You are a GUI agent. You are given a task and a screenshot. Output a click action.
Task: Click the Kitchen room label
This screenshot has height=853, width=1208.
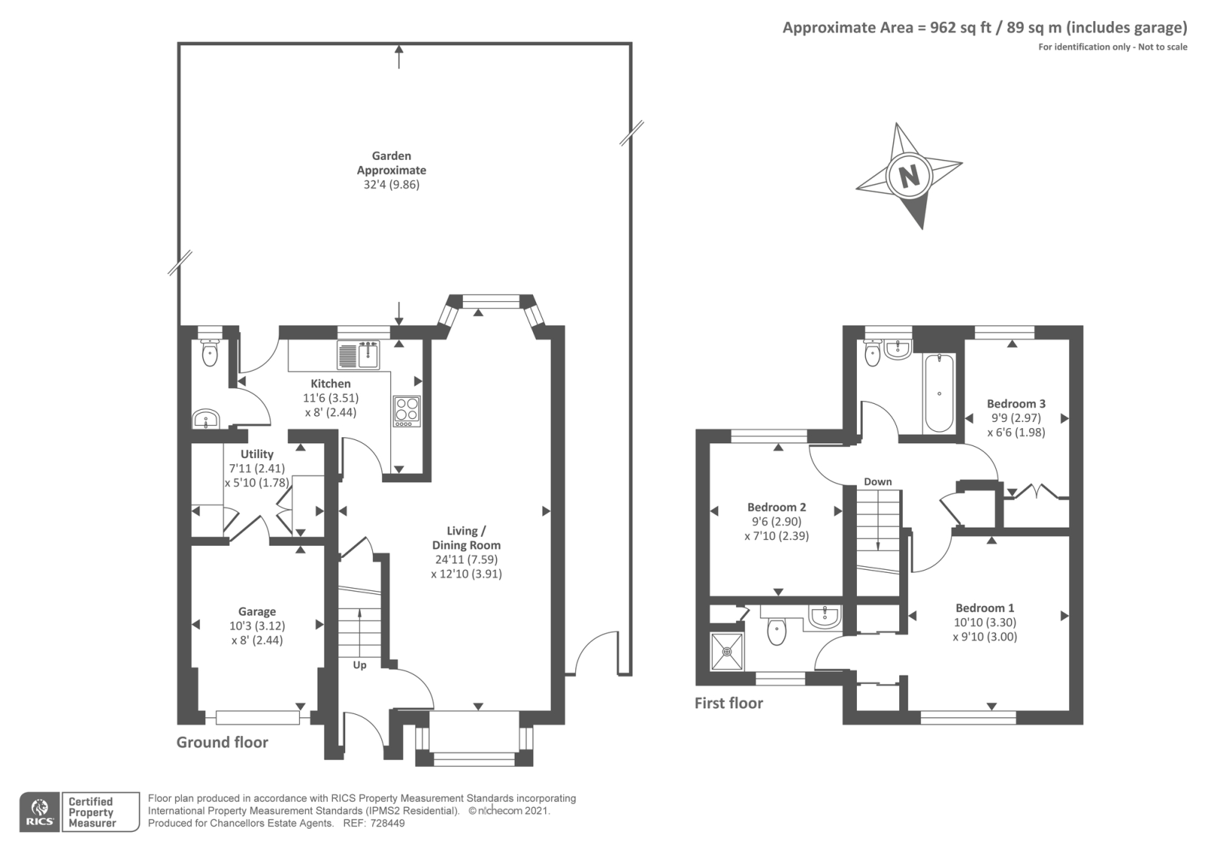(331, 383)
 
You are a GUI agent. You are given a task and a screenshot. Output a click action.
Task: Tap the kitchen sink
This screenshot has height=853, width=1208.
(359, 354)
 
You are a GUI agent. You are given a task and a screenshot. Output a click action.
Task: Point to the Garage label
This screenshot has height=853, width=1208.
(257, 611)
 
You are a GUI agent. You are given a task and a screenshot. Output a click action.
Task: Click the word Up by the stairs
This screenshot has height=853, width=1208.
(359, 665)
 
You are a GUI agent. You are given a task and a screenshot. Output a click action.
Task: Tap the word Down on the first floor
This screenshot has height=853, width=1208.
(878, 482)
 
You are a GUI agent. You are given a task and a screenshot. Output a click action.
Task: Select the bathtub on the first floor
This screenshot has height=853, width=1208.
(939, 393)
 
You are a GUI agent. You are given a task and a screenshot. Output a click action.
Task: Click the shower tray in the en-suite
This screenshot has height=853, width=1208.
(727, 652)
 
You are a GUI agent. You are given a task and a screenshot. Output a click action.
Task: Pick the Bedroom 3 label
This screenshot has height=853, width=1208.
(1016, 403)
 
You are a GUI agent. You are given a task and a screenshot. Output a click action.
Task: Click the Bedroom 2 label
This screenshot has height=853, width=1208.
(777, 507)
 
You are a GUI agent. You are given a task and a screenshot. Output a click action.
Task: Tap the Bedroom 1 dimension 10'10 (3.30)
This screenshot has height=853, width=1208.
(985, 622)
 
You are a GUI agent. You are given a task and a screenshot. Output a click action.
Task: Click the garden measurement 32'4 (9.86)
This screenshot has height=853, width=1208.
(392, 184)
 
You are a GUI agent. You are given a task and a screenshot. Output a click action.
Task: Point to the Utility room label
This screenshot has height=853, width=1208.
(257, 454)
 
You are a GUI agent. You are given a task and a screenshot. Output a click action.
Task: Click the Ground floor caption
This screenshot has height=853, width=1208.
(222, 743)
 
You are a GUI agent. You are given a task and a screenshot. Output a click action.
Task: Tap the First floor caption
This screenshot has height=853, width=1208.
(729, 703)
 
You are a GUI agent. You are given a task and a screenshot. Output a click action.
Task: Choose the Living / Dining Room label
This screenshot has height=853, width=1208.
(466, 538)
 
